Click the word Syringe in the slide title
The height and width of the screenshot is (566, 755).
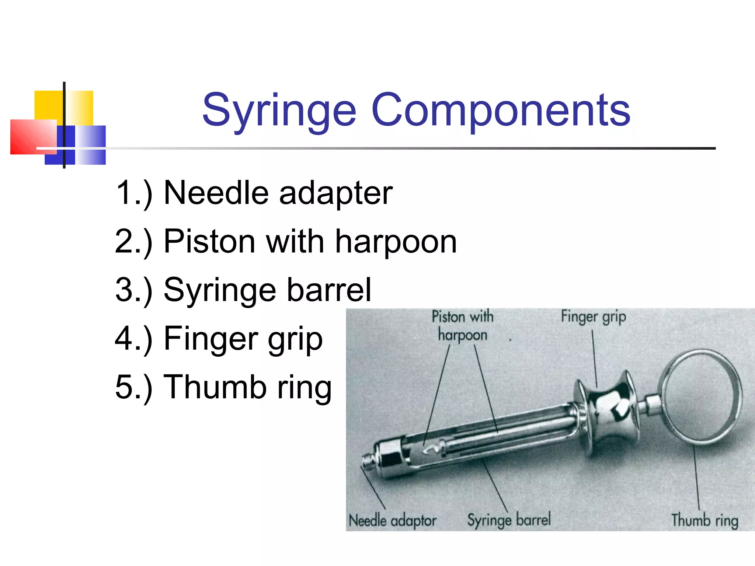[x=279, y=110]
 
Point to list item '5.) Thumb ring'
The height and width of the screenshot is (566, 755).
[x=223, y=387]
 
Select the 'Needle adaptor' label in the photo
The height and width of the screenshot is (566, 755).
[x=392, y=521]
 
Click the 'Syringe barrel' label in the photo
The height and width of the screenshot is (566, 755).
[x=509, y=520]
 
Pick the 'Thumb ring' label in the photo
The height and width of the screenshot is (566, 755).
[x=704, y=520]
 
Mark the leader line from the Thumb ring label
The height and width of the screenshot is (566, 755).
[x=696, y=479]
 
